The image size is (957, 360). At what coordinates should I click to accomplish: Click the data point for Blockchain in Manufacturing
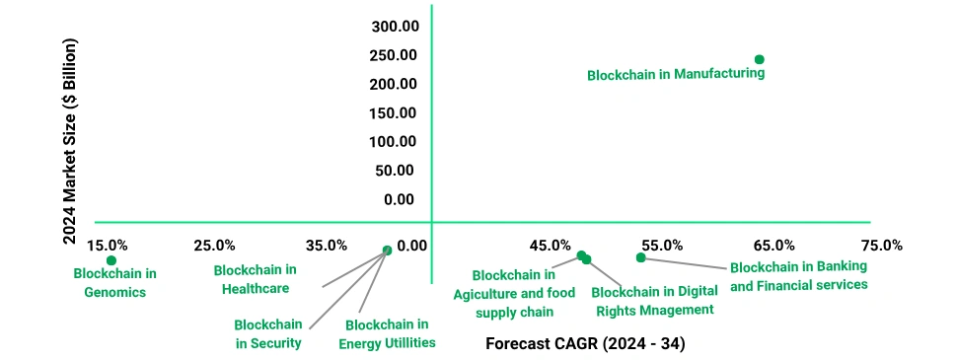pyautogui.click(x=759, y=59)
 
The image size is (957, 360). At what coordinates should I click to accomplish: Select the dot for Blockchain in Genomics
pyautogui.click(x=111, y=260)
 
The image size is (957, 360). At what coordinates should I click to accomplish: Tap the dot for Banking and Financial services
pyautogui.click(x=640, y=257)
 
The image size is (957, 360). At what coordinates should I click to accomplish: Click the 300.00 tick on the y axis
pyautogui.click(x=394, y=26)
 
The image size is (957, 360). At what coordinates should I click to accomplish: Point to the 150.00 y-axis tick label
pyautogui.click(x=394, y=112)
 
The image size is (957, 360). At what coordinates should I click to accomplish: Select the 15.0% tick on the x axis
pyautogui.click(x=107, y=245)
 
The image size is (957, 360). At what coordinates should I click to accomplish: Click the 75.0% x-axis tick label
pyautogui.click(x=881, y=245)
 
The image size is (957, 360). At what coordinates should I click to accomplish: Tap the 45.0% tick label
pyautogui.click(x=550, y=245)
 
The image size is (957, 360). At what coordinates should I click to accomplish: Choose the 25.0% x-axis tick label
pyautogui.click(x=214, y=245)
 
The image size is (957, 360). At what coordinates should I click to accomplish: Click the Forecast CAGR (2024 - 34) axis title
pyautogui.click(x=586, y=344)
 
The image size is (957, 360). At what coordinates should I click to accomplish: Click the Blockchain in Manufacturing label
pyautogui.click(x=676, y=74)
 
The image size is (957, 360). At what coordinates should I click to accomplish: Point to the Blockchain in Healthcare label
pyautogui.click(x=255, y=279)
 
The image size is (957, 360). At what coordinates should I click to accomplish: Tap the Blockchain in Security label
pyautogui.click(x=268, y=333)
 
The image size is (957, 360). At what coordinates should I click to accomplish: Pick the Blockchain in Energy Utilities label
pyautogui.click(x=387, y=333)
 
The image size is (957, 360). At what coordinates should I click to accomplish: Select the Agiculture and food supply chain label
pyautogui.click(x=514, y=293)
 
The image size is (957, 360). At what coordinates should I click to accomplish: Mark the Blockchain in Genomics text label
pyautogui.click(x=115, y=282)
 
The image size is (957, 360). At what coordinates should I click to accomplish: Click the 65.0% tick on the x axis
pyautogui.click(x=774, y=245)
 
